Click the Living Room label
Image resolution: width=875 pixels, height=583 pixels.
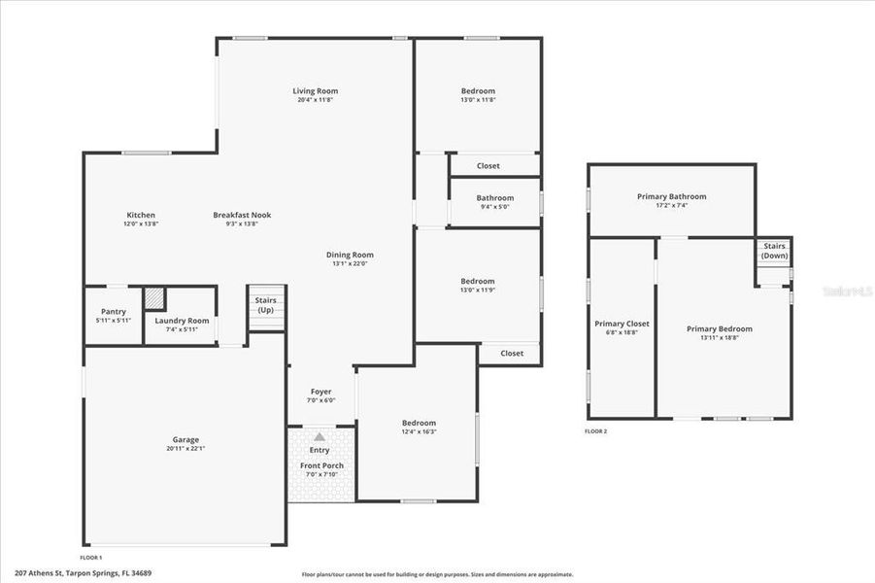click(316, 91)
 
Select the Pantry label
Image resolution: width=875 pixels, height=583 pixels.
click(114, 311)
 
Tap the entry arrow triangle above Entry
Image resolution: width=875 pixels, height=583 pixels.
click(320, 437)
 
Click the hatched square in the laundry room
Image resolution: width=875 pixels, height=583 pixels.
click(154, 298)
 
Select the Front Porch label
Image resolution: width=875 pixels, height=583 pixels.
click(320, 465)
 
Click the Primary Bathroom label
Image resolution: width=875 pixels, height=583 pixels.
click(671, 196)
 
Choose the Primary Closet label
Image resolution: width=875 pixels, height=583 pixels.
click(622, 324)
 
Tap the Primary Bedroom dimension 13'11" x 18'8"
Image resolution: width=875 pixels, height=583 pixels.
click(720, 337)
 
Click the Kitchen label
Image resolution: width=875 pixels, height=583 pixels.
click(141, 215)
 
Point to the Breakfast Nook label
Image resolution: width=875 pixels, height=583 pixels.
click(242, 215)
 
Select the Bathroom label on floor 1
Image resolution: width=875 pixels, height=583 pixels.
click(493, 197)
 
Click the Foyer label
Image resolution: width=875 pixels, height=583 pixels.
click(320, 392)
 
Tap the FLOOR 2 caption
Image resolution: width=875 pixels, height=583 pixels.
click(595, 431)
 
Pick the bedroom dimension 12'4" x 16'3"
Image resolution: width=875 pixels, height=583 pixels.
click(419, 431)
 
